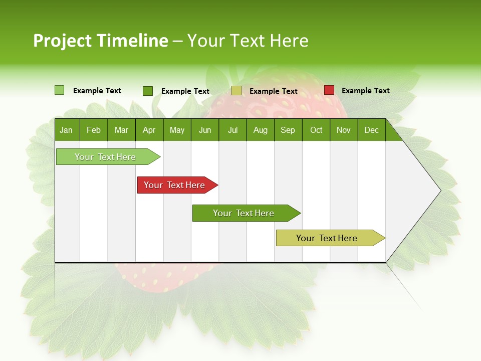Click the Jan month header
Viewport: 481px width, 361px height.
point(66,130)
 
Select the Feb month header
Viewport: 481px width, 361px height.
point(94,130)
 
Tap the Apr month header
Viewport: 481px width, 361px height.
point(149,130)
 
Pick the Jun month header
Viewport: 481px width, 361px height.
point(205,130)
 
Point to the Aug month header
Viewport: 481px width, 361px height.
point(261,130)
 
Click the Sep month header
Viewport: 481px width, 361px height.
point(288,130)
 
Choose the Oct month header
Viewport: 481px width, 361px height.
point(316,130)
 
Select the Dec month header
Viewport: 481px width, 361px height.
point(371,130)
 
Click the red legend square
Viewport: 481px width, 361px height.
point(329,90)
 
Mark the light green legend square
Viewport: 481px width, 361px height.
point(59,90)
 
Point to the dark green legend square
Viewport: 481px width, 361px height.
point(147,91)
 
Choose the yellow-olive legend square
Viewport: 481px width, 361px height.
point(236,91)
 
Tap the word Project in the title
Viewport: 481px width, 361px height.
point(62,41)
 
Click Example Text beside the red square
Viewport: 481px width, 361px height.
point(365,91)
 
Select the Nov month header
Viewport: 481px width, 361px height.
point(344,130)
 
